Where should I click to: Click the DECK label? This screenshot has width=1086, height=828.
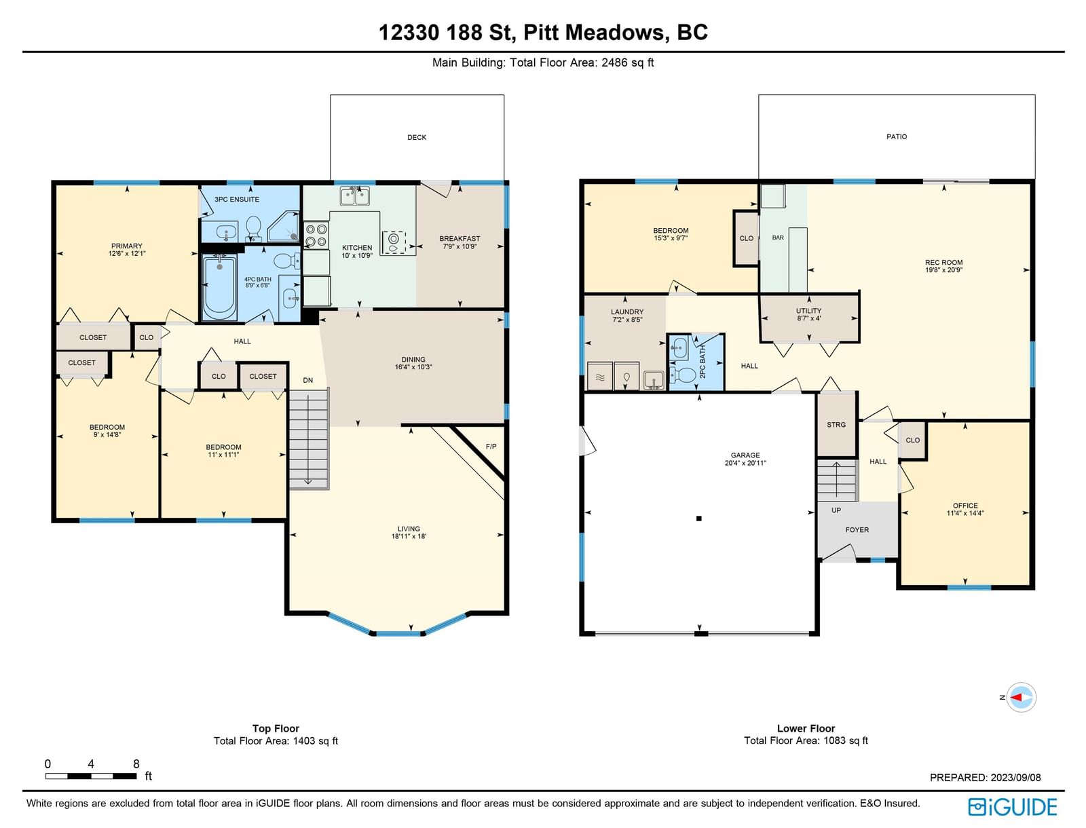click(x=417, y=138)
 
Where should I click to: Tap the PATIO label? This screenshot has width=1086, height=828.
click(x=897, y=136)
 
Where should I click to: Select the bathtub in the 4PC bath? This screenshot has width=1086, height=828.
click(x=219, y=288)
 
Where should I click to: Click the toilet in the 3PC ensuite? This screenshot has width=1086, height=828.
click(x=253, y=228)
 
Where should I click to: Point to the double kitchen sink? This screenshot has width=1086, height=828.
click(x=355, y=196)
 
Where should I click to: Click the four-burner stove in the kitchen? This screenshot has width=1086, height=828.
click(x=316, y=235)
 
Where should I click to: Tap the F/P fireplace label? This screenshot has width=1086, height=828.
click(x=491, y=447)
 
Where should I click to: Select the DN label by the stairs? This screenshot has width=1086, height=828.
click(x=307, y=380)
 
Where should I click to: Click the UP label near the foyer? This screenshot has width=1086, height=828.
click(x=836, y=510)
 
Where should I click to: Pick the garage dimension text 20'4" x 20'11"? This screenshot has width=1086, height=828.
click(x=745, y=463)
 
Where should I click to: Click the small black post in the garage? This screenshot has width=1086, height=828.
click(x=699, y=519)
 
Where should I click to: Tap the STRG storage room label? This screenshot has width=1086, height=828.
click(x=836, y=425)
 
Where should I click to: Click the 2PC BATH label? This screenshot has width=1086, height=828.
click(x=703, y=362)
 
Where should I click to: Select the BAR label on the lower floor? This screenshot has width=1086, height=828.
click(x=778, y=238)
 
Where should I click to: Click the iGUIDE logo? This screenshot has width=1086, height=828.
click(x=1012, y=807)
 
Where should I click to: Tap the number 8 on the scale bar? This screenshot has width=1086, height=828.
click(x=136, y=764)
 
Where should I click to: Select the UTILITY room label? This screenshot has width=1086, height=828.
click(x=808, y=311)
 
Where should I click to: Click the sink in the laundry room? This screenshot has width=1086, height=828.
click(x=654, y=380)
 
